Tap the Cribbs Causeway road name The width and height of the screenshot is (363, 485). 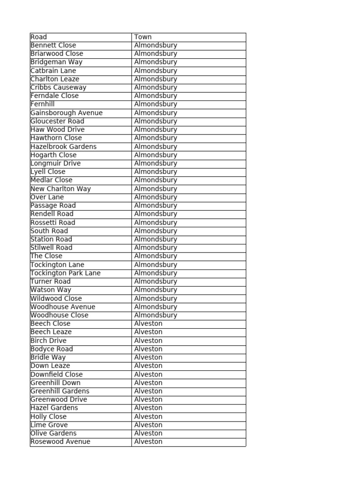point(58,88)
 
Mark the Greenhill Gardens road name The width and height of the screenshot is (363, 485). point(60,391)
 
